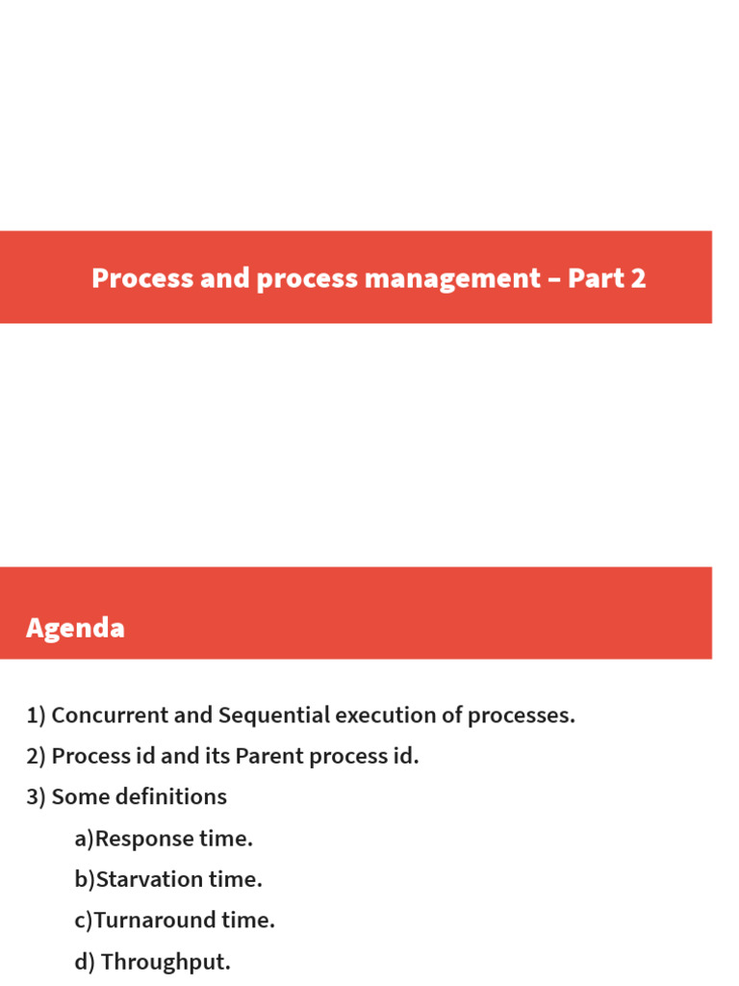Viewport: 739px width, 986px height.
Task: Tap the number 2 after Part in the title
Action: [637, 278]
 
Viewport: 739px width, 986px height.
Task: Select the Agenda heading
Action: [75, 629]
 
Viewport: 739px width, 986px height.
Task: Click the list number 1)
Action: [37, 715]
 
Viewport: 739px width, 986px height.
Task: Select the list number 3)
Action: [37, 797]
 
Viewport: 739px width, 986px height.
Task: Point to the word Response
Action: [144, 839]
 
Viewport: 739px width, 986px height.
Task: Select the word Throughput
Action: [166, 962]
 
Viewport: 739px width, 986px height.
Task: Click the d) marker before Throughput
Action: [85, 962]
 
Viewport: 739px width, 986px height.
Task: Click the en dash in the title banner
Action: [554, 279]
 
